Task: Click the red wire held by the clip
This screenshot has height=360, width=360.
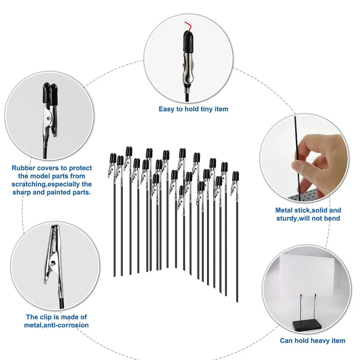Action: [188, 26]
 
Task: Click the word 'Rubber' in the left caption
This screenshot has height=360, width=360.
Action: [23, 168]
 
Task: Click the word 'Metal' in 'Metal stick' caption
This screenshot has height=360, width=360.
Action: [284, 210]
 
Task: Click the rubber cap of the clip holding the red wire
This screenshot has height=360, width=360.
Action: [188, 40]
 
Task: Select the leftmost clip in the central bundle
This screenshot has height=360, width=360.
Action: [112, 165]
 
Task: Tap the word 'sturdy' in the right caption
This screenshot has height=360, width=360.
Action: [286, 219]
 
